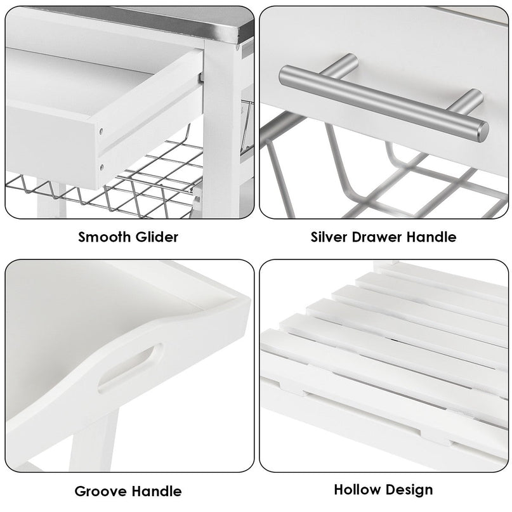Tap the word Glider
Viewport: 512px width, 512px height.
click(157, 237)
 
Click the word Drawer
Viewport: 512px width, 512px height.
click(376, 237)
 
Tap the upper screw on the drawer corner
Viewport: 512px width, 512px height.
click(102, 131)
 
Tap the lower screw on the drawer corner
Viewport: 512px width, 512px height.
click(102, 167)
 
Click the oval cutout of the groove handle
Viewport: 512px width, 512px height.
click(131, 367)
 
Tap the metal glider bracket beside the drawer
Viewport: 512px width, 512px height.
click(202, 77)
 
